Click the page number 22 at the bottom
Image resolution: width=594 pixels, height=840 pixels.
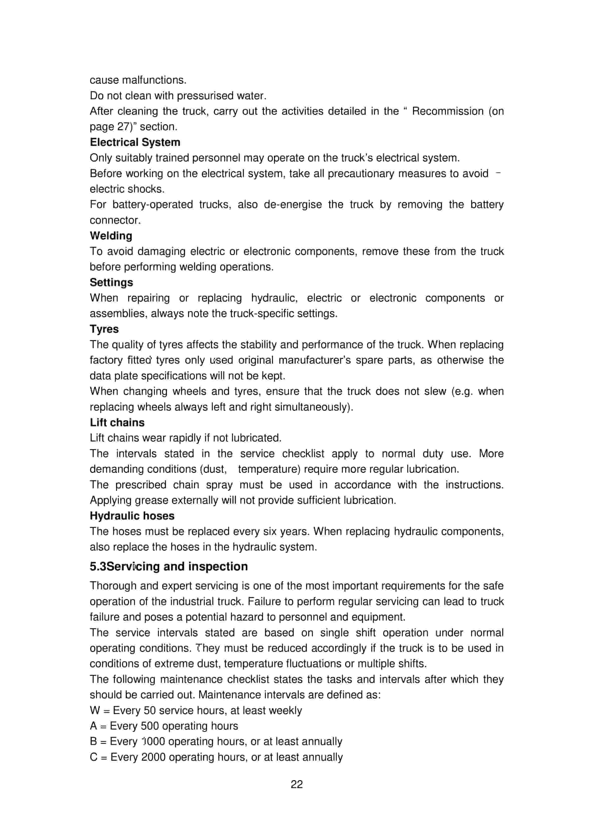coord(297,784)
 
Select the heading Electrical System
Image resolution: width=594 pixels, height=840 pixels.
coord(135,142)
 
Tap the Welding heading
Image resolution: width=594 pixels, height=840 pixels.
coord(111,236)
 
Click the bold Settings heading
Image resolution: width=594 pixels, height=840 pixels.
coord(111,282)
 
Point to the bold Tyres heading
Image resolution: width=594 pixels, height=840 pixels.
coord(104,329)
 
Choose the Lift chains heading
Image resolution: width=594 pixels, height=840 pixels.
coord(117,422)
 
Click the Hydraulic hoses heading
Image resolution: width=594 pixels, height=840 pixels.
coord(132,516)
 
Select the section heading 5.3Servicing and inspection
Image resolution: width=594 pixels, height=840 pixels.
coord(169,566)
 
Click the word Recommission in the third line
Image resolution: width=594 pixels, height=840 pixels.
coord(448,111)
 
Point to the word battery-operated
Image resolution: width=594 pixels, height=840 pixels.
coord(153,205)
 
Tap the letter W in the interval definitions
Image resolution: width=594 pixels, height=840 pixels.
coord(95,711)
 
